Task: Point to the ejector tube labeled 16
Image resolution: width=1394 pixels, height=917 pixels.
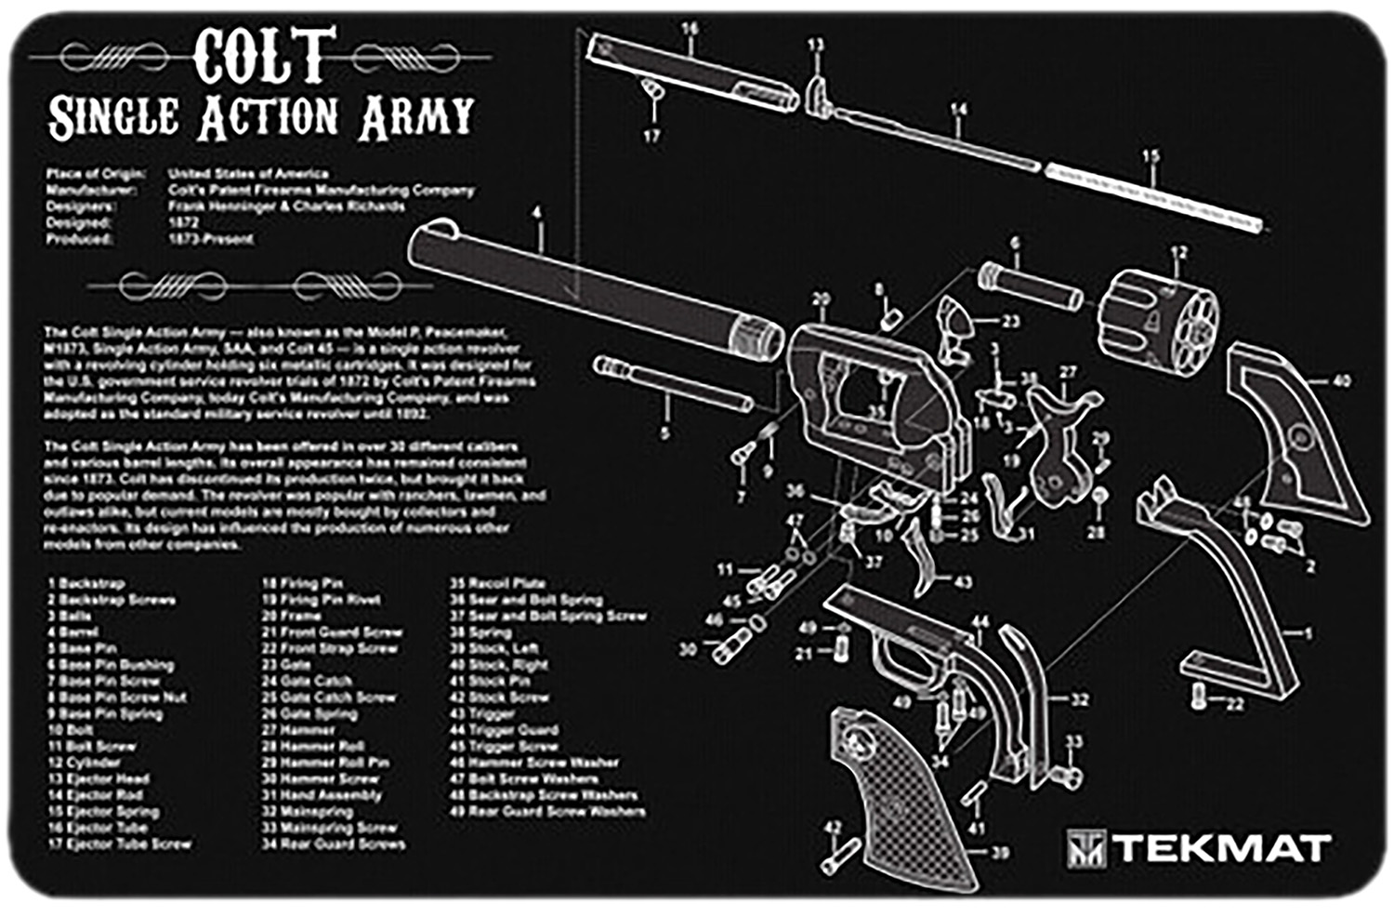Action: tap(692, 70)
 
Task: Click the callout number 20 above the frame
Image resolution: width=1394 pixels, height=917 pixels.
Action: tap(821, 299)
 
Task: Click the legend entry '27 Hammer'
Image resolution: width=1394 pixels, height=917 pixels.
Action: tap(298, 730)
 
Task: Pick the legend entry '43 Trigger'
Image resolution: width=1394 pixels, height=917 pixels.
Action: tap(482, 714)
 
